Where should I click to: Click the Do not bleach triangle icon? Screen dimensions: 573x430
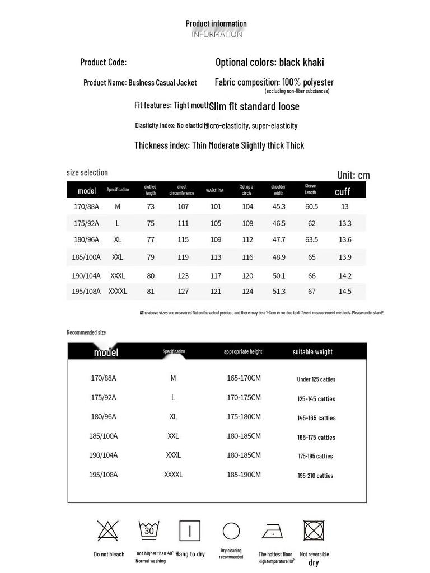point(107,530)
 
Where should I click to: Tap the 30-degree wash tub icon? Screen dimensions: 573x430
point(149,530)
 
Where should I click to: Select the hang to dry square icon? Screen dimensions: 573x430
point(190,530)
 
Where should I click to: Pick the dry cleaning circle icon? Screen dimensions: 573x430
point(231,531)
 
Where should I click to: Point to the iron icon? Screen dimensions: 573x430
point(273,531)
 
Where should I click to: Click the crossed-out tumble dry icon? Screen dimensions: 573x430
point(314,530)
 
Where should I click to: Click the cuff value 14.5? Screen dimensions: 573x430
point(345,292)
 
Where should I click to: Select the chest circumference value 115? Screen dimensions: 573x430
point(183,239)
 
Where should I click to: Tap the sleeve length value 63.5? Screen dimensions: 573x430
point(311,239)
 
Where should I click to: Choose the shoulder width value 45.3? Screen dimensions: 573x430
point(279,206)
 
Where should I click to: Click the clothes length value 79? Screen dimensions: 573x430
point(151,257)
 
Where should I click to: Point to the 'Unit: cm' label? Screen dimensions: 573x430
point(353,175)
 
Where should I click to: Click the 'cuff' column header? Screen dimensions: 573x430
point(342,191)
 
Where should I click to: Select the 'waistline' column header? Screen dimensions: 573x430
point(214,190)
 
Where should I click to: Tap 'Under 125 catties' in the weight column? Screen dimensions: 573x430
point(316,379)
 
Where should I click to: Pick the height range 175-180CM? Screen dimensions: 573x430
point(244,417)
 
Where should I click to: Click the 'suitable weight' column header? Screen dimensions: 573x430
point(312,352)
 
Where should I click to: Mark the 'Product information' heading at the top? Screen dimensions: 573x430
point(216,24)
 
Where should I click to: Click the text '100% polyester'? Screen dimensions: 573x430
point(308,82)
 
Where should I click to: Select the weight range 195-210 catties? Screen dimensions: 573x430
point(315,476)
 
